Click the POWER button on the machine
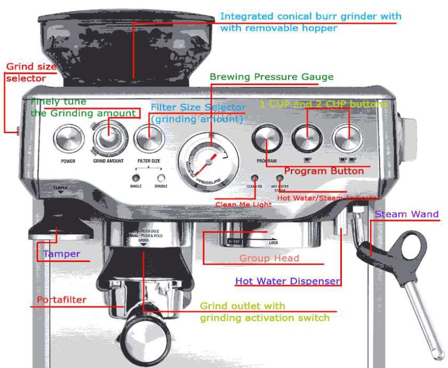(68, 140)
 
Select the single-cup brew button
(307, 139)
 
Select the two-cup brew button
(348, 139)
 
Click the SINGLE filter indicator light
(136, 178)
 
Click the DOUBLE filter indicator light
(161, 178)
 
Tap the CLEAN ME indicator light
(254, 178)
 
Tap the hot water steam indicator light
(279, 178)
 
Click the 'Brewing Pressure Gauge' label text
(271, 77)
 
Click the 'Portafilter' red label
(61, 300)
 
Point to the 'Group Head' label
(269, 258)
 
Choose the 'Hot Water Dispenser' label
(287, 281)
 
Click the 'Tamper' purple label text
(62, 254)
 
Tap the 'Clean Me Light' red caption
(243, 204)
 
